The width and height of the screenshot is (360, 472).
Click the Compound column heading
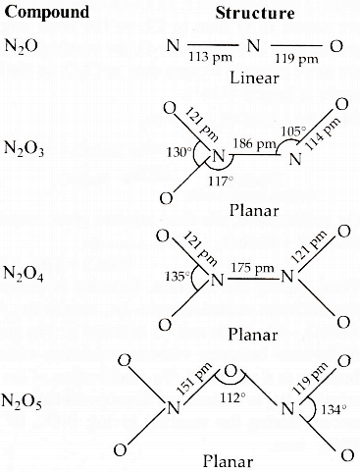coord(47,12)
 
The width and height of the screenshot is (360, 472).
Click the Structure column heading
coord(255,13)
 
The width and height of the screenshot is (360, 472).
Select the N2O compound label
coord(22,45)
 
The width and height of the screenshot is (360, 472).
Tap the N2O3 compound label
coord(24,149)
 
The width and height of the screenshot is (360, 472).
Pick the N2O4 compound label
coord(24,274)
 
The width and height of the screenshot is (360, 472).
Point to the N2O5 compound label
coord(22,401)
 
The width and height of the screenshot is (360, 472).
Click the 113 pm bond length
coord(210,57)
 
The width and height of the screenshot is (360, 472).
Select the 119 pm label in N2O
coord(296,59)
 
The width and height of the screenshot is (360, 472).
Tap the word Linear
coord(255,78)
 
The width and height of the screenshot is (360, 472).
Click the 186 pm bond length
coord(254,143)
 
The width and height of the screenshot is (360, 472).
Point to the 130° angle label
coord(180,152)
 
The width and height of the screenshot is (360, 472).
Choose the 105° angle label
coord(293,131)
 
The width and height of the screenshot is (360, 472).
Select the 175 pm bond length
coord(252,268)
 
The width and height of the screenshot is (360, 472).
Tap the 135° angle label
coord(178,277)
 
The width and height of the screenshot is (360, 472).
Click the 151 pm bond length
coord(194,379)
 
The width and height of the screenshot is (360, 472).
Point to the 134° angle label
coord(333,409)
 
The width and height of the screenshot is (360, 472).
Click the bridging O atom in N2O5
coord(231,372)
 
